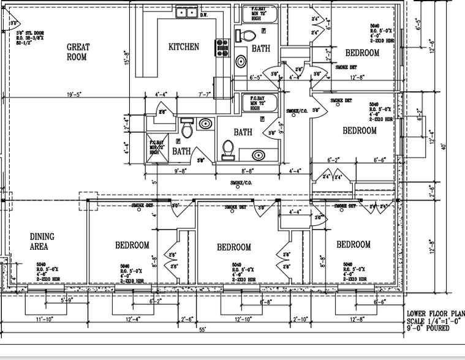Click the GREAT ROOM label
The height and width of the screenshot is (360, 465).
click(78, 52)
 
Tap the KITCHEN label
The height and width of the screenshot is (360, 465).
click(184, 47)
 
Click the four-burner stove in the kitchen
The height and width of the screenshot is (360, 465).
click(222, 48)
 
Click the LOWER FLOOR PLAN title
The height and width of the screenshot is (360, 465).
click(436, 314)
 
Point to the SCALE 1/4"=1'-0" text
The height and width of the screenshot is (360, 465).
click(436, 321)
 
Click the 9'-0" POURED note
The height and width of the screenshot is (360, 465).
click(428, 329)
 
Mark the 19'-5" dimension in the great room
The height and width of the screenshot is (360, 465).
click(75, 95)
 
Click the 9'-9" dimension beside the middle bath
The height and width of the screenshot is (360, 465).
click(281, 128)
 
